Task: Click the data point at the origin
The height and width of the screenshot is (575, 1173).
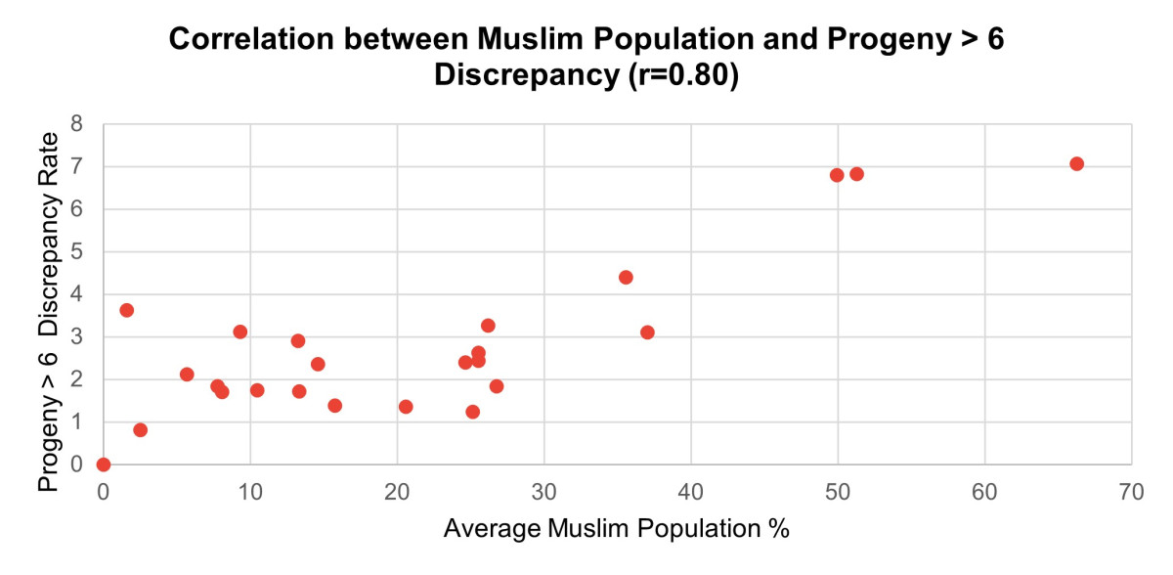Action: [104, 464]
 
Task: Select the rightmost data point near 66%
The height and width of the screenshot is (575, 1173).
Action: [1076, 164]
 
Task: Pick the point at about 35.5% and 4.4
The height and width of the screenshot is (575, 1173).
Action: [626, 278]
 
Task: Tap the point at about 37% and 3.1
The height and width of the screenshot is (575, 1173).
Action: [647, 332]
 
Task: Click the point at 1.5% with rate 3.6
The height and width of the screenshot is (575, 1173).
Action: [126, 310]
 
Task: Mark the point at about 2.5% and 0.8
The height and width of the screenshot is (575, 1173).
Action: [140, 430]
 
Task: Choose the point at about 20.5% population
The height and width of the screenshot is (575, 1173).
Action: [406, 407]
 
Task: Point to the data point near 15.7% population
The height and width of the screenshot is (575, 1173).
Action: [334, 406]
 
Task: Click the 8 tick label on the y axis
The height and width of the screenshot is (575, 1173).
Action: [77, 124]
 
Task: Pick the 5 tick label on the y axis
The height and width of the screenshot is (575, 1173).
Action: [77, 252]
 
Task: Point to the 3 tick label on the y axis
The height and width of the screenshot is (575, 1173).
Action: [77, 337]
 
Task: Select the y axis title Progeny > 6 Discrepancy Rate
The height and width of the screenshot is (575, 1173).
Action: [48, 312]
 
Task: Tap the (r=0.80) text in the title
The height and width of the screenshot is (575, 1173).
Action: [675, 75]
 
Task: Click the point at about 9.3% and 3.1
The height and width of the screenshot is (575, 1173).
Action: [240, 332]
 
